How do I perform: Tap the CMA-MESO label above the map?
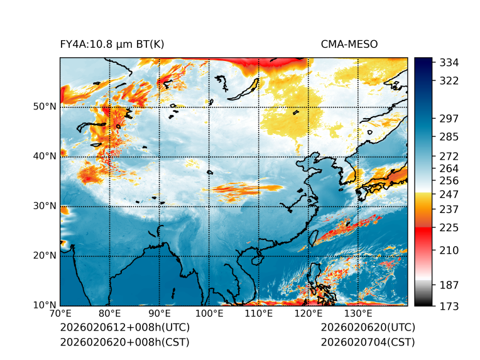coord(349,44)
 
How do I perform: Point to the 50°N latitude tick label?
coord(45,107)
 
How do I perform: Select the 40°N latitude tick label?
coord(45,156)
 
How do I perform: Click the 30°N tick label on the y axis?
coord(45,206)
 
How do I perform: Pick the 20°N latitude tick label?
coord(45,256)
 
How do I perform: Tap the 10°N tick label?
coord(45,305)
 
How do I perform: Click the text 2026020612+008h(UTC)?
coord(124,327)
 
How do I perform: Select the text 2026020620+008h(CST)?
coord(124,342)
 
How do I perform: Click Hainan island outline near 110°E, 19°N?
coord(256,259)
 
